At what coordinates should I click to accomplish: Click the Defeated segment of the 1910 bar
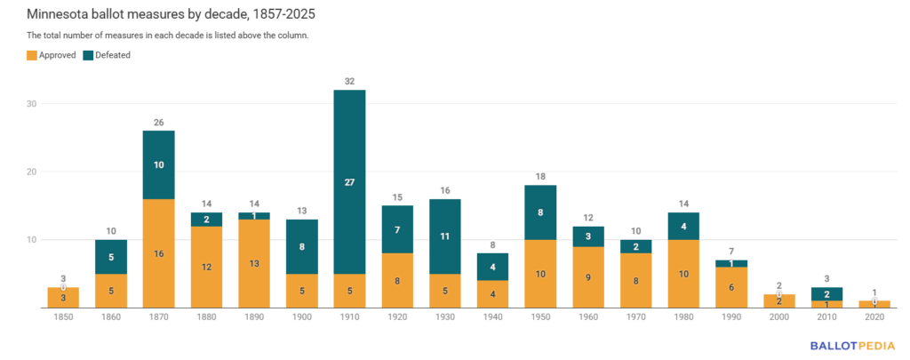pyautogui.click(x=349, y=181)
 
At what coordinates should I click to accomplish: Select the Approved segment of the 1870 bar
pyautogui.click(x=158, y=253)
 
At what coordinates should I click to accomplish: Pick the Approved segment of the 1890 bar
pyautogui.click(x=254, y=263)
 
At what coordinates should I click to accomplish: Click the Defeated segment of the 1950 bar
pyautogui.click(x=541, y=212)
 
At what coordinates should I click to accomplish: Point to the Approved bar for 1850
pyautogui.click(x=63, y=298)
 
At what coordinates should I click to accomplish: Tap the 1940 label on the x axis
pyautogui.click(x=493, y=317)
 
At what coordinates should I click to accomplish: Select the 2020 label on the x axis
pyautogui.click(x=875, y=317)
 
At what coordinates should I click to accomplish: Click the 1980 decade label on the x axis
pyautogui.click(x=684, y=317)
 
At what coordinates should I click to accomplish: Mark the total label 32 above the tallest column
pyautogui.click(x=349, y=82)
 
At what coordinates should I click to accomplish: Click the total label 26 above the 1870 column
pyautogui.click(x=158, y=123)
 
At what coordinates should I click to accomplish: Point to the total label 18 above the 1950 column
pyautogui.click(x=541, y=177)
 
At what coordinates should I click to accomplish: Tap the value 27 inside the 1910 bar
pyautogui.click(x=349, y=181)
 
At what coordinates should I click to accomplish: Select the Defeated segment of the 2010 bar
pyautogui.click(x=827, y=294)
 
